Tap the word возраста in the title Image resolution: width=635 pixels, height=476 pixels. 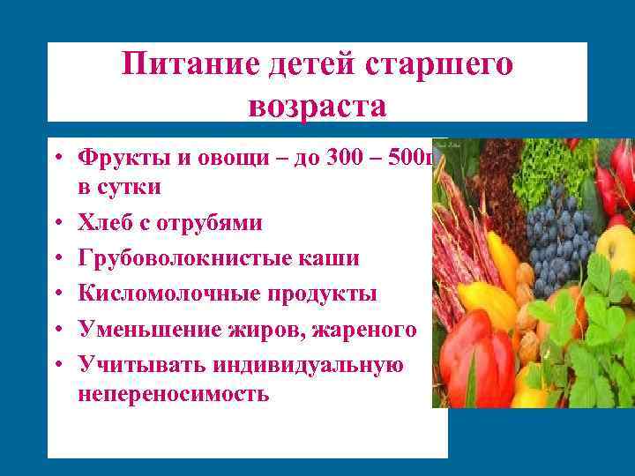click(317, 106)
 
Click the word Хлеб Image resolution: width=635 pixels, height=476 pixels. click(107, 222)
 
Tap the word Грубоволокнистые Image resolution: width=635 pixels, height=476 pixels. click(180, 257)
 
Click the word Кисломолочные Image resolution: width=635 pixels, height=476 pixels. click(163, 293)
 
